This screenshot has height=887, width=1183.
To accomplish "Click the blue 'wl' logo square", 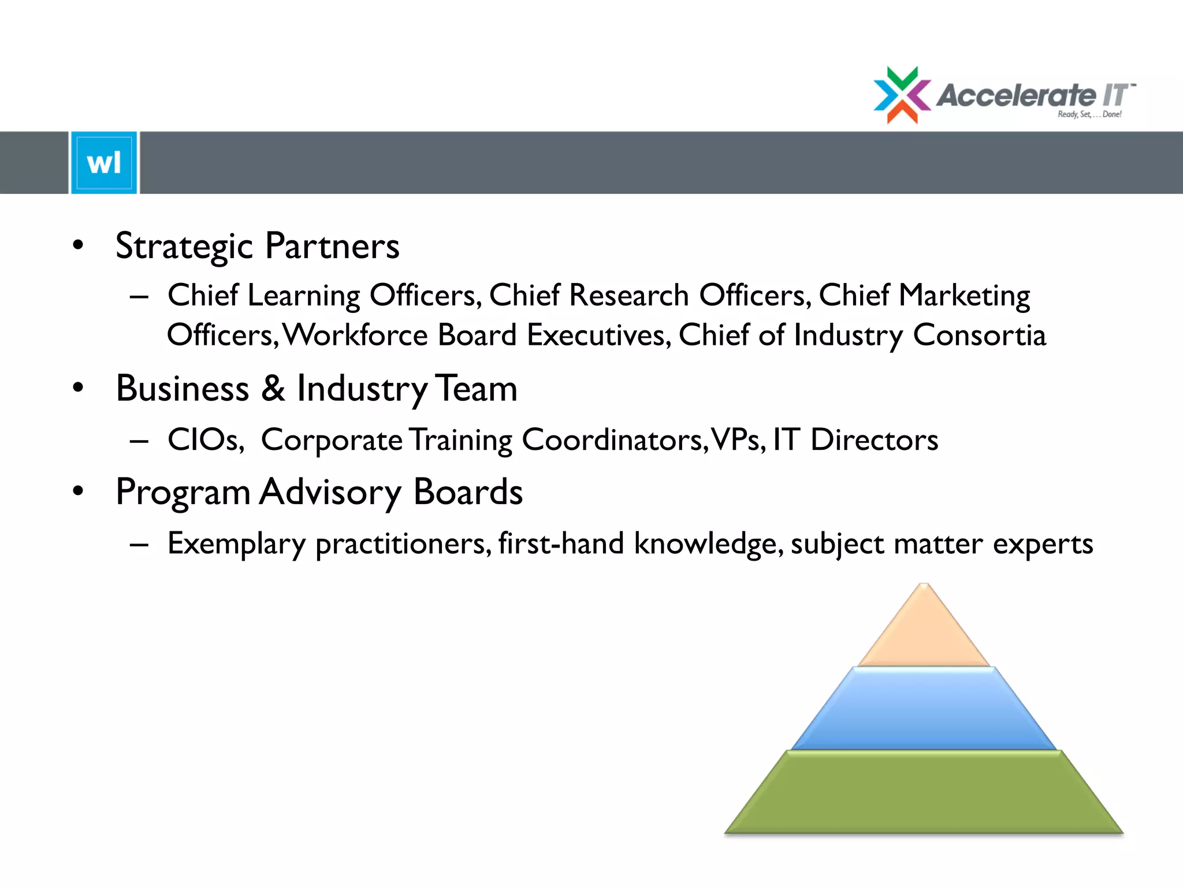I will coord(104,163).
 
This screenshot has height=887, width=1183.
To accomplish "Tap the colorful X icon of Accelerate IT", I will coord(902,95).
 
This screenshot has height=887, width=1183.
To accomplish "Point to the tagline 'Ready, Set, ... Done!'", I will coord(1089,114).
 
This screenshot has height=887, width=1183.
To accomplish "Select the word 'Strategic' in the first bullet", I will coord(184,246).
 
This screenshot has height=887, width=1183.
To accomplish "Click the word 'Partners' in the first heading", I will coord(332,246).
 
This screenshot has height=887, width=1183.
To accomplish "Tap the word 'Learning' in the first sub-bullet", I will coord(304,296).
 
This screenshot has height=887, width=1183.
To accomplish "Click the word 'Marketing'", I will coord(964,296).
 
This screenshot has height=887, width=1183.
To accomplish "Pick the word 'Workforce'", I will coord(356,335).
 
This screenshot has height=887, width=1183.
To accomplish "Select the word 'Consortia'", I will coord(980,335).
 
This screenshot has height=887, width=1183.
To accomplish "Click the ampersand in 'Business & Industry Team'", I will coord(273,388).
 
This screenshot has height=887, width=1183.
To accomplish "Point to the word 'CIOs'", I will coord(205,440).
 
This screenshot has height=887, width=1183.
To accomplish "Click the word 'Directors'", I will coord(874,440).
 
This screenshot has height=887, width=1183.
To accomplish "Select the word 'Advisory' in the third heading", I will coord(330,492).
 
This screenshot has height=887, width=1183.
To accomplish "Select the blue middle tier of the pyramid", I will coord(924,709).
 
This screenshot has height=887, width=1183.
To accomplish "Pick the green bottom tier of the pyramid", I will coord(924,792).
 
